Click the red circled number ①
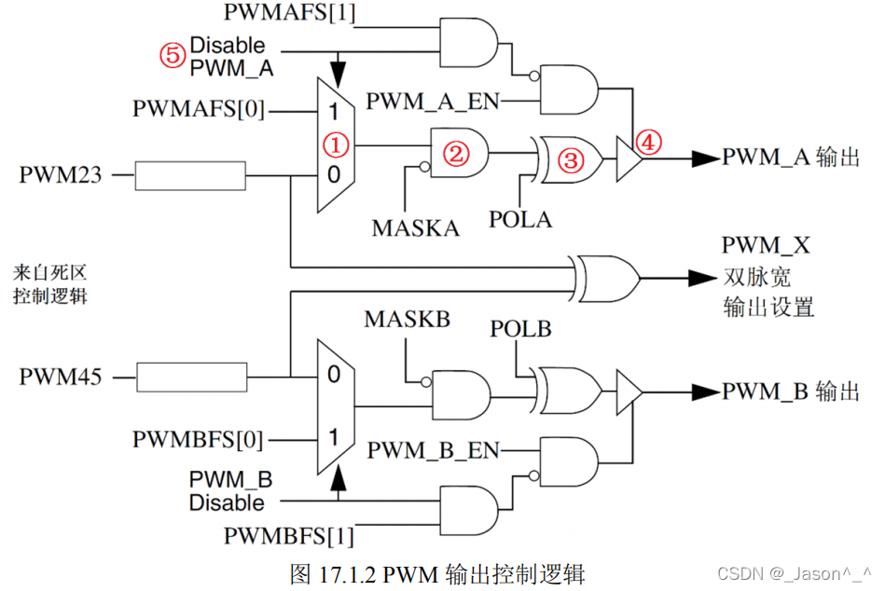pos(336,144)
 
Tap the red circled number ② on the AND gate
pos(454,154)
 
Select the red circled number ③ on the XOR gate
pos(571,160)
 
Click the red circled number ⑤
pos(172,55)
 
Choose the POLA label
pos(520,220)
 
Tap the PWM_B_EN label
pos(433,450)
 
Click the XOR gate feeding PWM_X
pos(608,276)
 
